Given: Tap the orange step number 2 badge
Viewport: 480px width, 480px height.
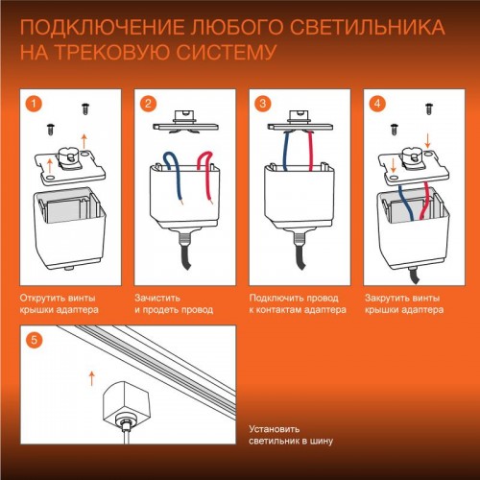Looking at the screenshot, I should coord(148,102).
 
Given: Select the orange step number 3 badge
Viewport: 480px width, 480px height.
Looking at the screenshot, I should coord(263,102).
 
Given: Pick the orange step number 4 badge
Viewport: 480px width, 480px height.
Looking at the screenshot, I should coord(377,102).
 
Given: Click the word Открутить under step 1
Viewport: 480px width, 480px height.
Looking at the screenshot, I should coord(42,299).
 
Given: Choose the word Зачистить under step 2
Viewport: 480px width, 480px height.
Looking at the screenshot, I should coord(156,299).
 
